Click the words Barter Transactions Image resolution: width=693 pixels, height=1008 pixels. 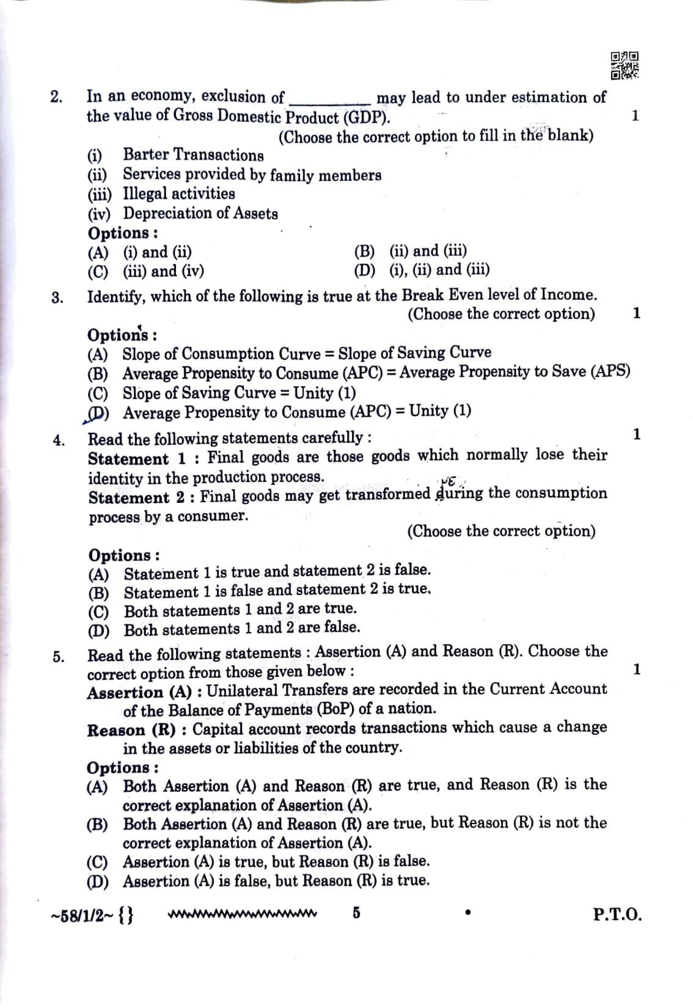coord(193,155)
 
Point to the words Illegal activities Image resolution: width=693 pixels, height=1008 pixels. coord(178,194)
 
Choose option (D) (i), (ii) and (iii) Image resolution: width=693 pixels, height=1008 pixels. coord(422,270)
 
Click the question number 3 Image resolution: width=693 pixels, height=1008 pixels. coord(56,298)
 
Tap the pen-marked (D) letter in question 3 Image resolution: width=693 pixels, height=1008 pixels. coord(97,414)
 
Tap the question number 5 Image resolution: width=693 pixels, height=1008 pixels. coord(58,657)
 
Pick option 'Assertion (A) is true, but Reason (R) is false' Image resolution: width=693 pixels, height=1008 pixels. coord(276,862)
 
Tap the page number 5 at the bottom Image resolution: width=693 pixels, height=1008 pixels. coord(356,913)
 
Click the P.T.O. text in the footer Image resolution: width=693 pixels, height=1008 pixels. coord(617,915)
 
